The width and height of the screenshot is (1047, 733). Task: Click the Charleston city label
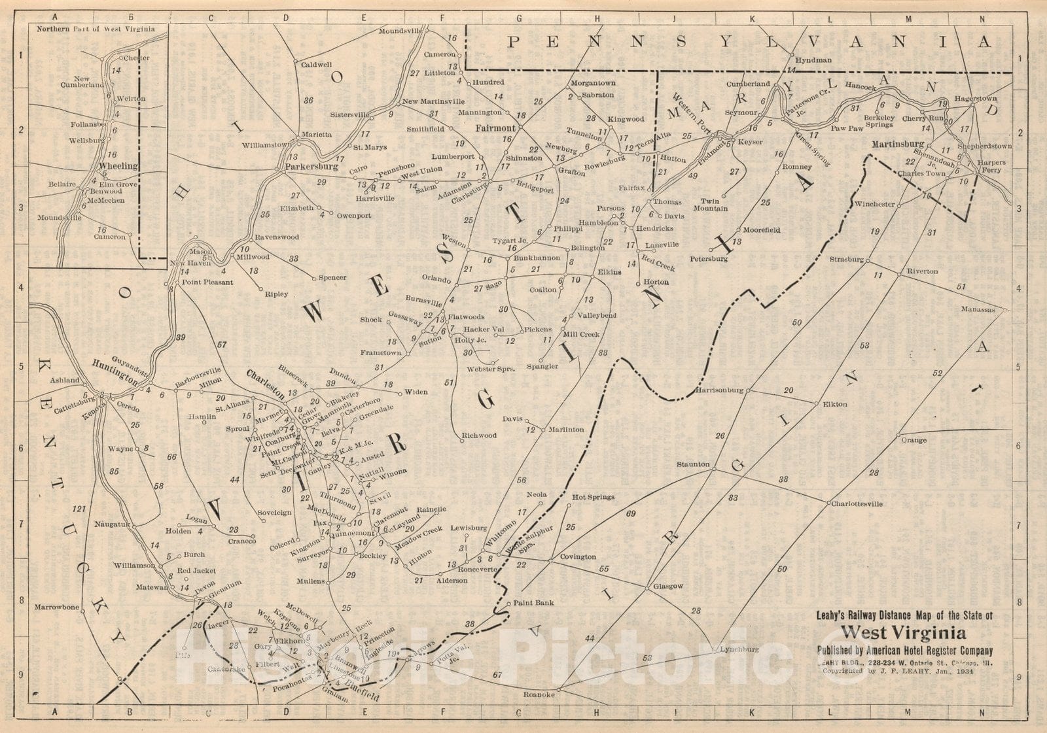(265, 384)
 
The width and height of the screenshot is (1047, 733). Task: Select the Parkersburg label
(311, 167)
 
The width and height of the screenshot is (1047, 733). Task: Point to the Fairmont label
(495, 128)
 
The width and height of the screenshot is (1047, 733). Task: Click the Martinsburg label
(902, 144)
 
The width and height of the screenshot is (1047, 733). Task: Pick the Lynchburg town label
(739, 649)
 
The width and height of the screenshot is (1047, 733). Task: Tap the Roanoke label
(539, 695)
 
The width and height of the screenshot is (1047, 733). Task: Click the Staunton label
(693, 464)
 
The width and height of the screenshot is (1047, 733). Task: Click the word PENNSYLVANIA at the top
(749, 43)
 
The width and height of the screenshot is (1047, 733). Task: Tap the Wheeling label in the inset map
(118, 166)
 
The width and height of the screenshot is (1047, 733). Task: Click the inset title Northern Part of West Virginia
(96, 29)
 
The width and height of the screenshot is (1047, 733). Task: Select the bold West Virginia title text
(903, 632)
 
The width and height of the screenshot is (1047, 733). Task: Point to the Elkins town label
(609, 272)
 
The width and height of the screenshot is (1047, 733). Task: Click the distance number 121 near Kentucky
(79, 509)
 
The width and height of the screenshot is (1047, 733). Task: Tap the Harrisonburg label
(719, 390)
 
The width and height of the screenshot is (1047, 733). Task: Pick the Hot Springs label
(593, 497)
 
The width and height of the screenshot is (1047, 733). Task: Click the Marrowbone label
(57, 607)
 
